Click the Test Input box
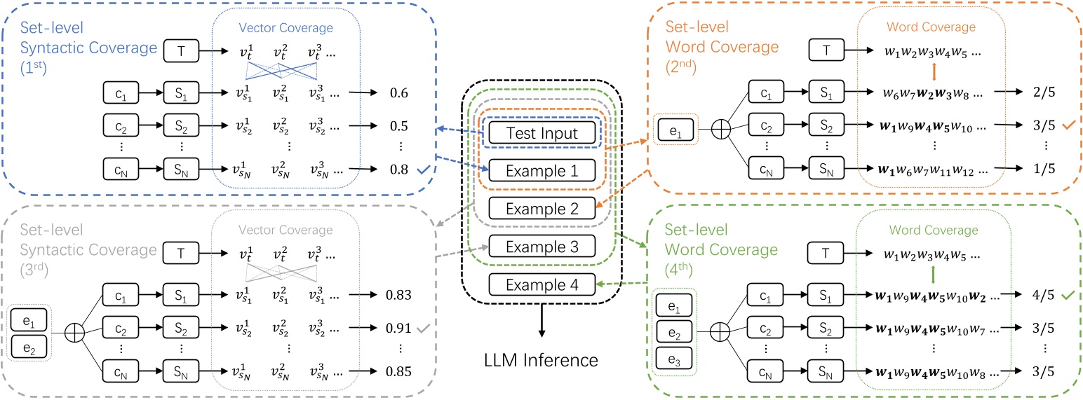coord(541,132)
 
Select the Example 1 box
coord(541,170)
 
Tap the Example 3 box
coord(541,246)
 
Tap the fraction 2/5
coord(1032,92)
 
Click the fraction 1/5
coord(1032,169)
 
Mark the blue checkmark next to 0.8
coord(423,169)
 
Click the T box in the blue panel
coord(182,50)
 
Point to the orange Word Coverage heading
coord(930,27)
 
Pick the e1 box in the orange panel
coord(673,131)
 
